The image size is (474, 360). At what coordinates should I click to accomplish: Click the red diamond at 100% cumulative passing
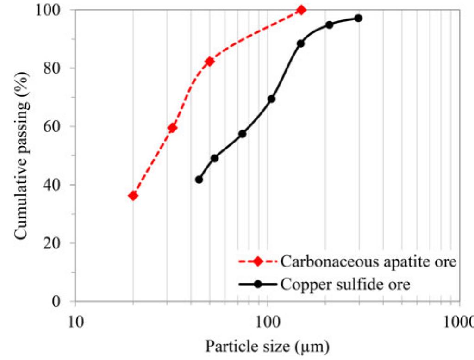(x=301, y=10)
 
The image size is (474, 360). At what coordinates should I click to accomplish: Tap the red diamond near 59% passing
(x=172, y=128)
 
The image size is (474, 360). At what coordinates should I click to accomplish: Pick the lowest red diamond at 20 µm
(x=133, y=196)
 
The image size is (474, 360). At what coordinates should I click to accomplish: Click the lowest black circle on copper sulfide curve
(x=199, y=180)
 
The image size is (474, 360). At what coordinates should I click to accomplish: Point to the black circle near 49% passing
(x=214, y=158)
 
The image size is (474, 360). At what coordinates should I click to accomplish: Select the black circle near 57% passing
(x=242, y=134)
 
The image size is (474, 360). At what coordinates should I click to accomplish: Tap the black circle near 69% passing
(x=272, y=99)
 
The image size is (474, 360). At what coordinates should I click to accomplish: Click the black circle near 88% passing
(x=300, y=43)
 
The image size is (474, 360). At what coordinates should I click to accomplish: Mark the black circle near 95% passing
(x=329, y=25)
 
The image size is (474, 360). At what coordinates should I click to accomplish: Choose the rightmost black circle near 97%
(x=358, y=18)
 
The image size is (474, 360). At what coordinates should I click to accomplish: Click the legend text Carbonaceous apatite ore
(x=368, y=262)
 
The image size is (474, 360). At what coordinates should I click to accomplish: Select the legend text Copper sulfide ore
(x=345, y=284)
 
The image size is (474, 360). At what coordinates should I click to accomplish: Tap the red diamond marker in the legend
(x=258, y=262)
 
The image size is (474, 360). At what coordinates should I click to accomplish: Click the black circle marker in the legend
(x=258, y=284)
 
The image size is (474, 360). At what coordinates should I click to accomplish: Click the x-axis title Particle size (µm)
(x=267, y=346)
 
